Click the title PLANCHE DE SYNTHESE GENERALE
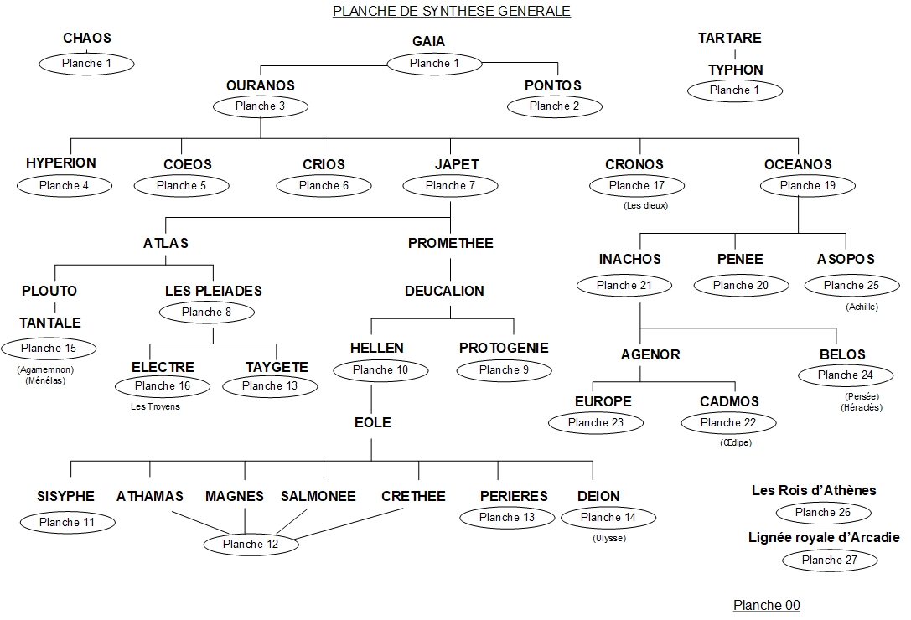tap(452, 11)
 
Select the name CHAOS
tap(86, 38)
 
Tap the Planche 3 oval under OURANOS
tap(261, 106)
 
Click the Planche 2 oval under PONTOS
tap(554, 106)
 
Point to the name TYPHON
tap(735, 70)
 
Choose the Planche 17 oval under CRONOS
tap(636, 185)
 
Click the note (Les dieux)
tap(645, 205)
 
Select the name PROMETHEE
tap(450, 243)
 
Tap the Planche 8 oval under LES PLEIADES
tap(212, 313)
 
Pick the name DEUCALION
tap(444, 291)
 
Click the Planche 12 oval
tap(250, 545)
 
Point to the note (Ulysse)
tap(608, 538)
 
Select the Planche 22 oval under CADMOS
tap(727, 423)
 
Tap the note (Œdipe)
tap(735, 442)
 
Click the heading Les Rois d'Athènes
tap(814, 490)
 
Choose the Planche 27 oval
tap(830, 560)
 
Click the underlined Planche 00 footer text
tap(766, 605)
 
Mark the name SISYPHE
tap(65, 496)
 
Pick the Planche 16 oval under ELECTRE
tap(162, 386)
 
